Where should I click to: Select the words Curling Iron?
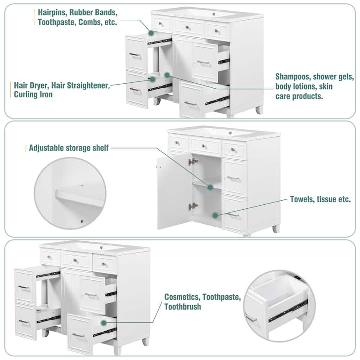33,94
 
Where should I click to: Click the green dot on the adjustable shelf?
210,187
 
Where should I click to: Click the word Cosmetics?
183,297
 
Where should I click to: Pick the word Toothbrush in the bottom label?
183,307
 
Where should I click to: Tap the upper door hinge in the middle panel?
193,162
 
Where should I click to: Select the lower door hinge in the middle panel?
193,207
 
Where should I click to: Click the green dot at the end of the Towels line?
215,216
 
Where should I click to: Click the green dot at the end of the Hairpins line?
151,33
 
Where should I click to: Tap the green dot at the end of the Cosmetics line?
104,323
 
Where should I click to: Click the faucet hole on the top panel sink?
214,14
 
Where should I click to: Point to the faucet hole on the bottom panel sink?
101,247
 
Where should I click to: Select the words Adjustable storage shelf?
69,148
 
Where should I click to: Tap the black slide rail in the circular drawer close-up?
288,310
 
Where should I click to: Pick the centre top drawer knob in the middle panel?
204,146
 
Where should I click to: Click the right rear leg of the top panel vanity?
260,110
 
